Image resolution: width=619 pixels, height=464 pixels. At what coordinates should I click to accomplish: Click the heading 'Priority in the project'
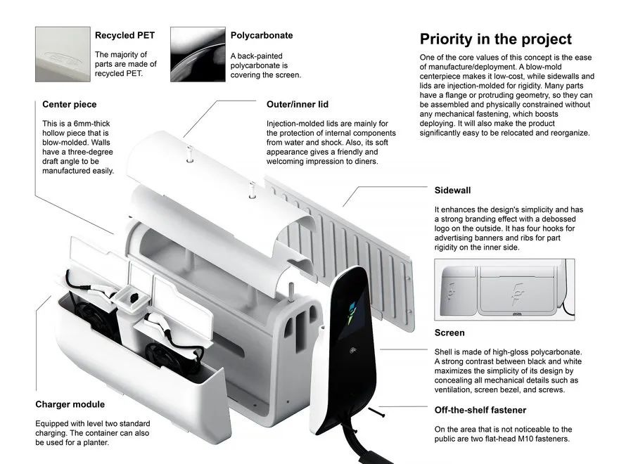click(x=495, y=39)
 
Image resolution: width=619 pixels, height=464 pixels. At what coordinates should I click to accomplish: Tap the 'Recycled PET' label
click(x=125, y=35)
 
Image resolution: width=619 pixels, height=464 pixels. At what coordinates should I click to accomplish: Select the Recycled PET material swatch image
click(x=63, y=54)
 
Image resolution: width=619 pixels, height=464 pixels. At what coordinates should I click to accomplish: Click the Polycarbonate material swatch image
click(x=198, y=54)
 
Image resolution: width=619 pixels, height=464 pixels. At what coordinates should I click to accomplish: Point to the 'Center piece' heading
click(x=70, y=104)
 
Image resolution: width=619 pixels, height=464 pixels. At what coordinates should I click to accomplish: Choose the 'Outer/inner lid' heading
click(x=298, y=104)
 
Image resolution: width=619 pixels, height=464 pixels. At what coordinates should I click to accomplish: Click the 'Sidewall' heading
click(x=452, y=191)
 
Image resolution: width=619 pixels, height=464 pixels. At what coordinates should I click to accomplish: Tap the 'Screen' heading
click(x=449, y=333)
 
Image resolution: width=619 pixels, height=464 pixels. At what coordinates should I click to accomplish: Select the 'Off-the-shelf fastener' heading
click(x=480, y=410)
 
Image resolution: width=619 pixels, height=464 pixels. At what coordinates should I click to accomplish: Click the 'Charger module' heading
click(x=70, y=404)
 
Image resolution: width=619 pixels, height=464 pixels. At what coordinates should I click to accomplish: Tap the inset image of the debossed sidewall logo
click(x=504, y=290)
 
